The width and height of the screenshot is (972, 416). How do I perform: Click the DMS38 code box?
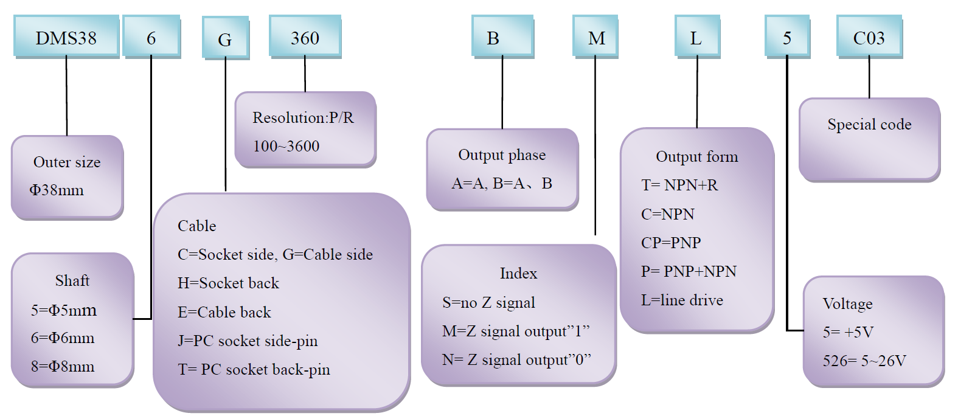(x=66, y=38)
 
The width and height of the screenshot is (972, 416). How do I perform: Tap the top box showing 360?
(x=305, y=38)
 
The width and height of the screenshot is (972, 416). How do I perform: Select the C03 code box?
(x=869, y=38)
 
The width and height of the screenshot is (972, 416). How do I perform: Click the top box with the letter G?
(x=225, y=40)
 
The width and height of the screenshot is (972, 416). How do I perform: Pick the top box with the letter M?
(x=596, y=38)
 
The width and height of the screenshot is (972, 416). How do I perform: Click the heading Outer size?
(x=67, y=162)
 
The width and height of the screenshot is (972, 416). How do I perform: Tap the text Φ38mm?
(x=57, y=190)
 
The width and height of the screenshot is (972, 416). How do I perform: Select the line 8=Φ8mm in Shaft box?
(x=63, y=366)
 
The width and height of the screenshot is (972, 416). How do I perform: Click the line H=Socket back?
(x=228, y=283)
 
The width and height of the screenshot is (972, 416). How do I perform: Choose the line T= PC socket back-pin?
(x=254, y=369)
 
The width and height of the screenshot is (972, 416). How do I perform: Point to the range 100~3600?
(x=286, y=146)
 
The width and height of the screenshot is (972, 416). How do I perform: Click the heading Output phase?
(x=502, y=155)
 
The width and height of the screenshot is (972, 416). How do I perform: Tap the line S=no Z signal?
(x=488, y=302)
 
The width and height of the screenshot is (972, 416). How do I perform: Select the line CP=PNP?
(x=671, y=243)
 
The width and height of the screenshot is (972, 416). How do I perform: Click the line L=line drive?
(x=682, y=300)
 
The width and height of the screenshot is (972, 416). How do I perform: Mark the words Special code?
(x=869, y=125)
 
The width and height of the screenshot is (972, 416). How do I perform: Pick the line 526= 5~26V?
(x=864, y=361)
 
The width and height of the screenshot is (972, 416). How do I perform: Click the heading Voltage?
(x=847, y=303)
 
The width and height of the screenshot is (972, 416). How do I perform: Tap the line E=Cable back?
(x=224, y=312)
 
